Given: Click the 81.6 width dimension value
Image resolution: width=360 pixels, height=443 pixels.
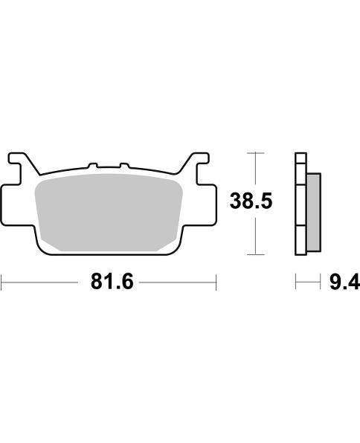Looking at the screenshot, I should pos(107,282).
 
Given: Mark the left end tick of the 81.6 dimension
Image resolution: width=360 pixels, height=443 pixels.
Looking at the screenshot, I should pos(2,283).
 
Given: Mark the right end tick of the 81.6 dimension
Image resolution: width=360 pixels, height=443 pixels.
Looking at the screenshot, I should pos(216,283).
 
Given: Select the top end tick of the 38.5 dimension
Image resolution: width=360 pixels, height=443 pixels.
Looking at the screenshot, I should pos(255,152).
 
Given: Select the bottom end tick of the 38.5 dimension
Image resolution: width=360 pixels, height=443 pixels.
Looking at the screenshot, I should pos(255,255).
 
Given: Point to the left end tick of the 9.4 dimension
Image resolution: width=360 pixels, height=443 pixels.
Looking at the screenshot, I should pos(296,283).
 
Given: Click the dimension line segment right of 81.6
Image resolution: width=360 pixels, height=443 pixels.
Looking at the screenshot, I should pos(179,283).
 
